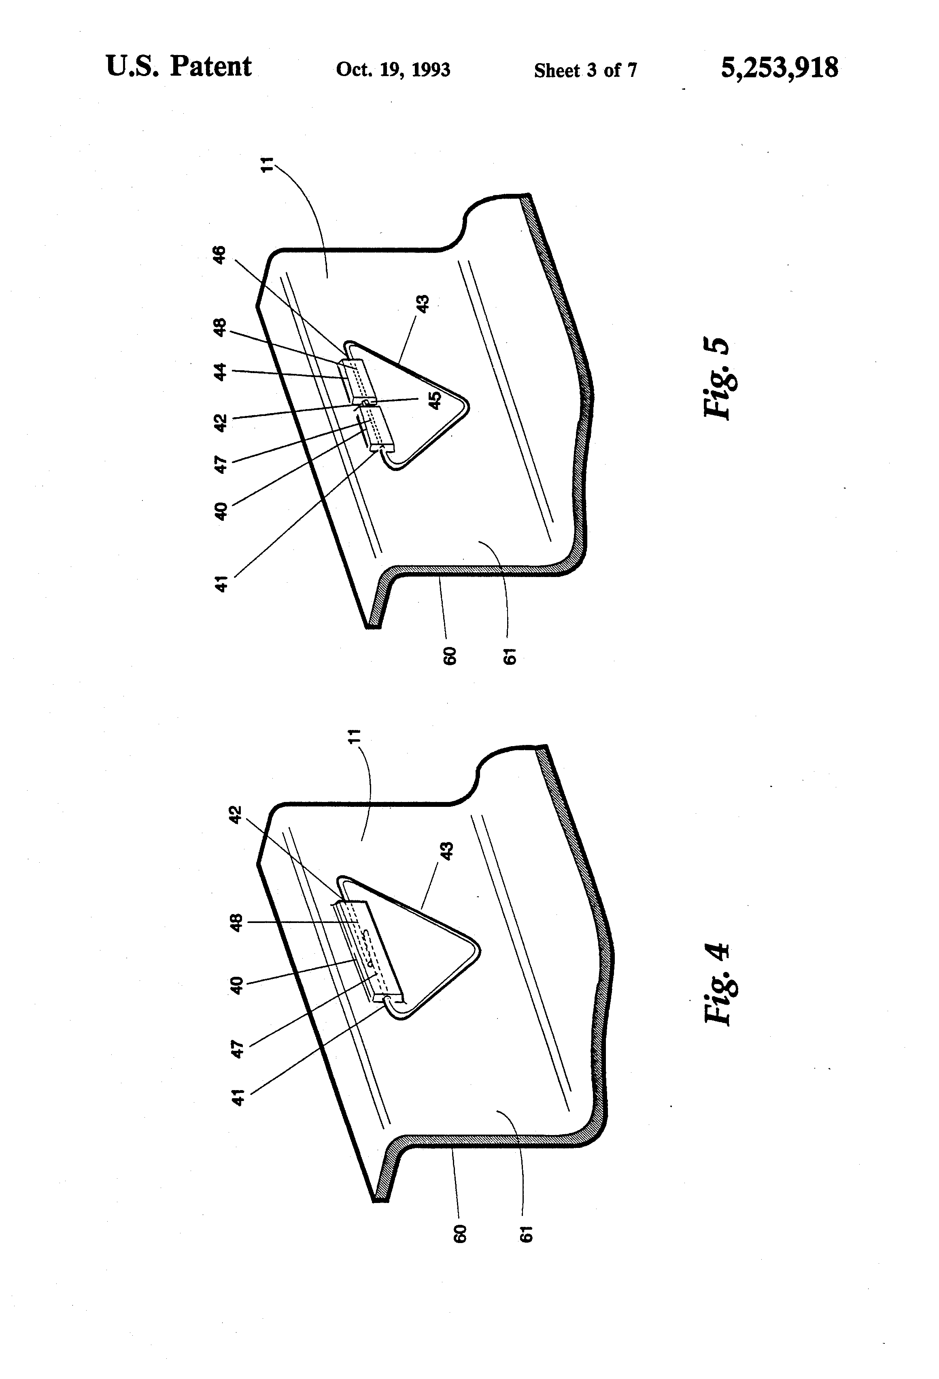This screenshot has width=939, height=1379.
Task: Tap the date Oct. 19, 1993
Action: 393,70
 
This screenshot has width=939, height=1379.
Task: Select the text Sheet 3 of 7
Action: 585,71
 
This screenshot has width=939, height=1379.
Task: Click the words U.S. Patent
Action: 178,66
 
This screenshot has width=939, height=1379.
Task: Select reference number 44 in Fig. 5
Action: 220,371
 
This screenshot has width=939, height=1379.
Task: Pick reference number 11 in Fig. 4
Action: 354,736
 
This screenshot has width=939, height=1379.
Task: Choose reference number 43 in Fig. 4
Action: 447,850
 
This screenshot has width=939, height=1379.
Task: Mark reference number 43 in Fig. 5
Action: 424,304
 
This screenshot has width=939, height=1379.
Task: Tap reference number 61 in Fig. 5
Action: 509,656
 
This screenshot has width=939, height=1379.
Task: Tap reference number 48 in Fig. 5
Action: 220,327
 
